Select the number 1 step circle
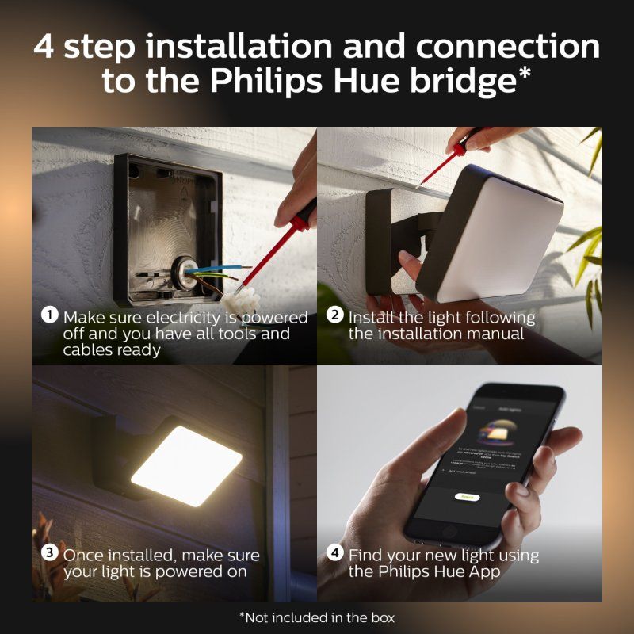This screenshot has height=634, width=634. [x=50, y=315]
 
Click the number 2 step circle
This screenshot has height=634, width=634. [x=335, y=315]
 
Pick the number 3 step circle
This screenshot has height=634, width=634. [x=50, y=553]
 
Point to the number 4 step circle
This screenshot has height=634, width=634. [x=335, y=553]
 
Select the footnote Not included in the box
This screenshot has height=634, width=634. [x=317, y=617]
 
